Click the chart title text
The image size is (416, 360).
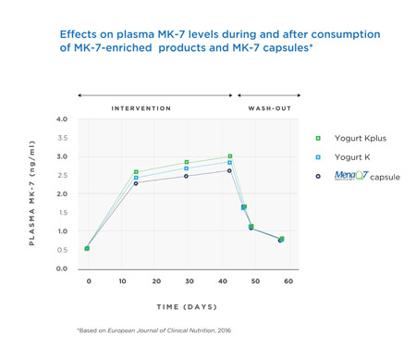pos(207,41)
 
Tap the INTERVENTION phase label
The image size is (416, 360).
pos(141,108)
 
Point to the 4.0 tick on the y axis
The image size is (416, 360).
pos(62,119)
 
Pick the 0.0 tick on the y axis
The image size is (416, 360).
pos(62,268)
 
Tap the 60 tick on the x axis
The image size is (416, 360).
pos(288,280)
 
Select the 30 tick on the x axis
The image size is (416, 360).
pos(189,280)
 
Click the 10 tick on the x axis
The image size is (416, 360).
pos(122,280)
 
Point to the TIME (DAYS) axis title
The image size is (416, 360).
pos(189,304)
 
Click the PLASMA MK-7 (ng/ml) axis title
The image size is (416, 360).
pos(31,193)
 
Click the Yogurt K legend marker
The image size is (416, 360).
pos(318,157)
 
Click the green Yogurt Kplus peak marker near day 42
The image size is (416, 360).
pos(230,156)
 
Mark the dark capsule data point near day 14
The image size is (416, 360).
pos(136,183)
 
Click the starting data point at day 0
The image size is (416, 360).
pos(87,248)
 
